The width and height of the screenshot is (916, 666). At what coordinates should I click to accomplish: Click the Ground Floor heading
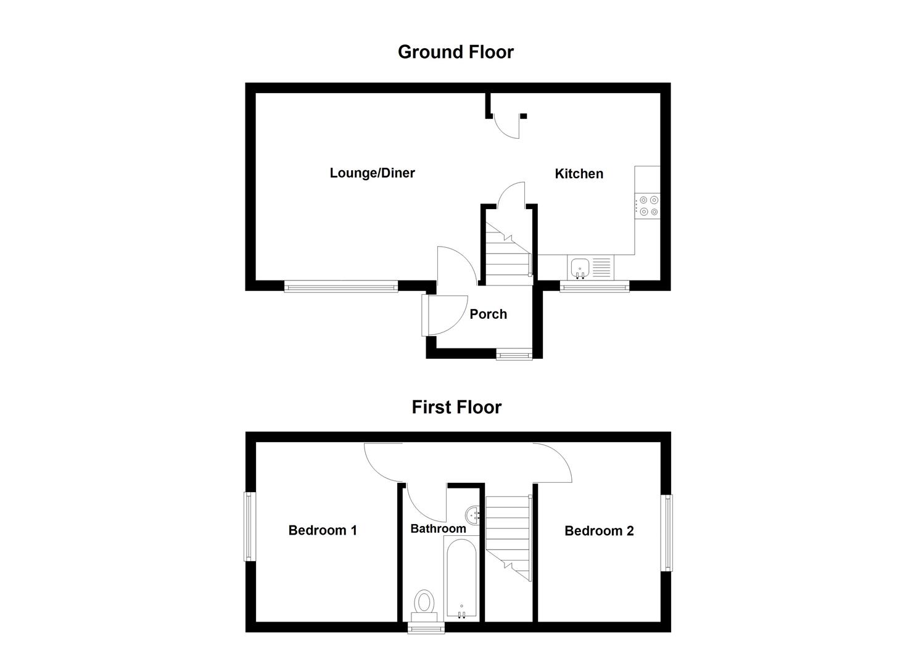[455, 52]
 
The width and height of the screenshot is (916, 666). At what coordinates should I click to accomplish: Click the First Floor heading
[456, 407]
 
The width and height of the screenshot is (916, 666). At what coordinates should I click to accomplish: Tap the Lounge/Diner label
[372, 173]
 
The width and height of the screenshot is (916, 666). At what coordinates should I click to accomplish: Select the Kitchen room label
[579, 174]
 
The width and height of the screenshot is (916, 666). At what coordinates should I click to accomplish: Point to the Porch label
[488, 314]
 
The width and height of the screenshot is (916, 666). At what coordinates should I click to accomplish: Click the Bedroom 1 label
[323, 530]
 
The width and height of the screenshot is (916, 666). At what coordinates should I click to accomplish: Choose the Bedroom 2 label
[599, 531]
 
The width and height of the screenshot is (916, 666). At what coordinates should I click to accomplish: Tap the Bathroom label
[438, 528]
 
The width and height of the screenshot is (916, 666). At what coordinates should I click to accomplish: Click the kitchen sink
[580, 268]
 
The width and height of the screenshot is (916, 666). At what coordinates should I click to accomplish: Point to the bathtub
[460, 578]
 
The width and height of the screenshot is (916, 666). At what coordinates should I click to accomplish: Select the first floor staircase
[508, 536]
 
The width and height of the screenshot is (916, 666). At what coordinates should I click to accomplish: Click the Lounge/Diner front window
[341, 286]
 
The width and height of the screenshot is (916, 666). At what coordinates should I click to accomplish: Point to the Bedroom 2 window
[667, 533]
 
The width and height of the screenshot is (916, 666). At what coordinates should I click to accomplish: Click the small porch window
[514, 355]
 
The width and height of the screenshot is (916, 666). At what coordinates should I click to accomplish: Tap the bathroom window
[426, 628]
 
